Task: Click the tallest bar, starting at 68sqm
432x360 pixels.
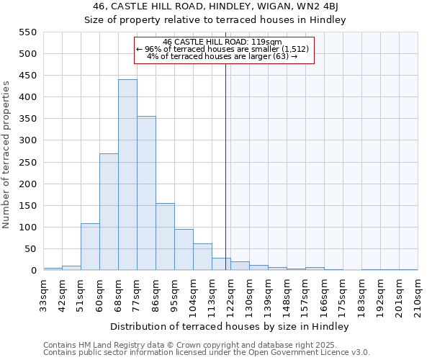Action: click(127, 175)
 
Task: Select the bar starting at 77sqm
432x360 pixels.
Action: click(146, 193)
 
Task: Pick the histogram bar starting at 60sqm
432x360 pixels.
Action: click(109, 212)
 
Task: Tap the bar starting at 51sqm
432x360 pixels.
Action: click(90, 247)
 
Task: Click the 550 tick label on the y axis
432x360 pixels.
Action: click(27, 32)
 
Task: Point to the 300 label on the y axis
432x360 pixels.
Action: click(27, 141)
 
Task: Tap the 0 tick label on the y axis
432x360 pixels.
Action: click(33, 271)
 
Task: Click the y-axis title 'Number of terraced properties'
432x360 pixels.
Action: click(7, 154)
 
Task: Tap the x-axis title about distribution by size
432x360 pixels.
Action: click(230, 327)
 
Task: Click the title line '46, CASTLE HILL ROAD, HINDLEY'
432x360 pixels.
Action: click(215, 7)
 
